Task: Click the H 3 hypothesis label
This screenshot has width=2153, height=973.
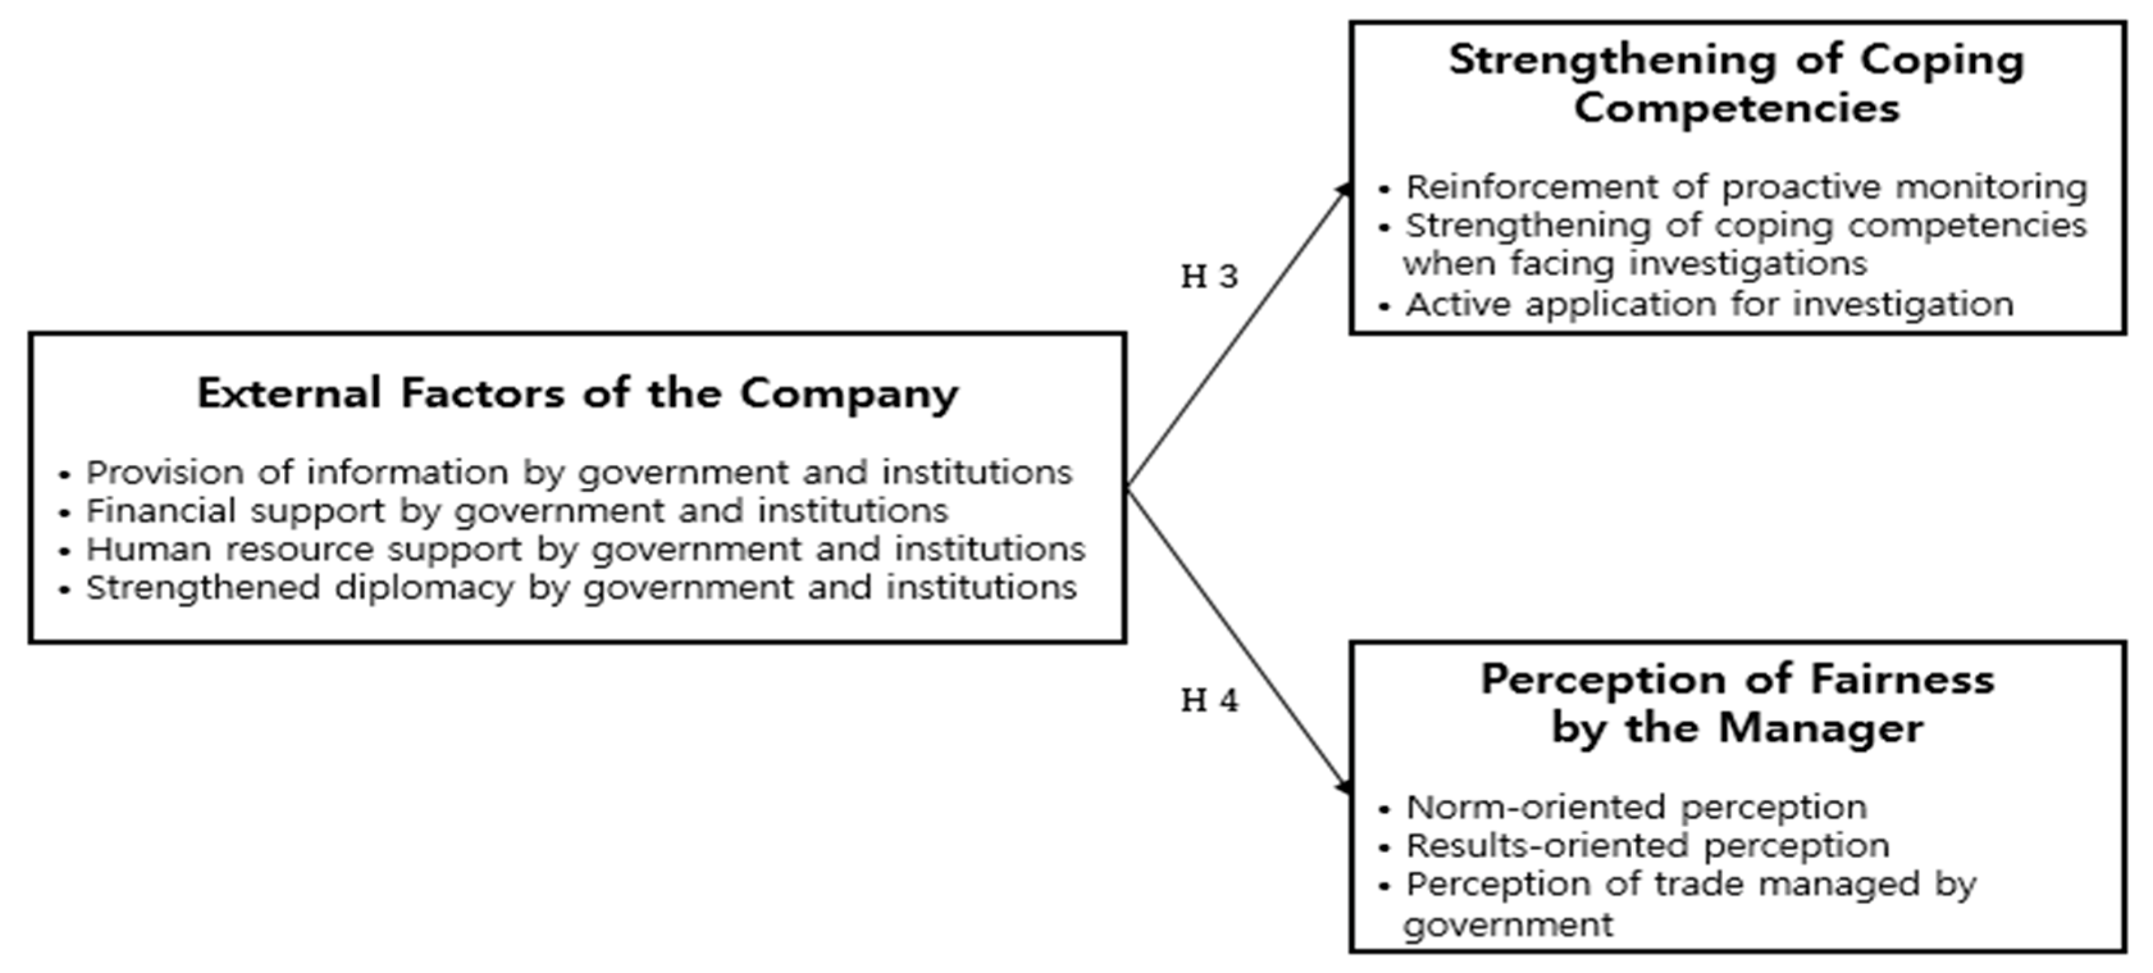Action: coord(1209,277)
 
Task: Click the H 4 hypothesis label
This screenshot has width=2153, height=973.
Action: coord(1209,701)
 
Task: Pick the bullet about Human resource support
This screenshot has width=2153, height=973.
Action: coord(585,549)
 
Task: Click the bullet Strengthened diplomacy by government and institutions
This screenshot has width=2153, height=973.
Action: coord(581,587)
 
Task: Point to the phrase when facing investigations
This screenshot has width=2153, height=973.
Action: coord(1634,264)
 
